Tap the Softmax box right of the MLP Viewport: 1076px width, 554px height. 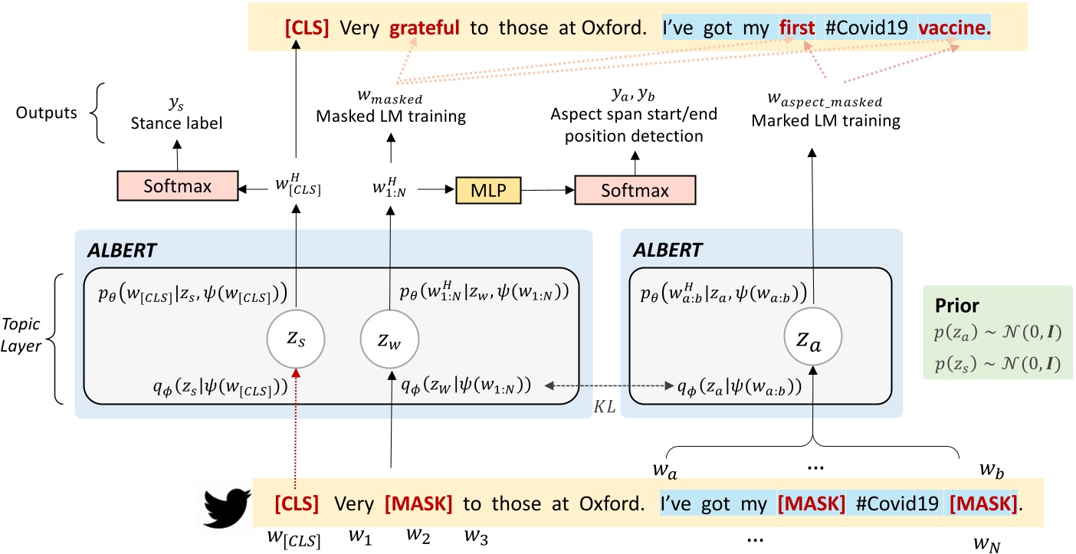pos(635,189)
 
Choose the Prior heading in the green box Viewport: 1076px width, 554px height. pos(957,306)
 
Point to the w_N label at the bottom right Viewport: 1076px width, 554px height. pos(986,543)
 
